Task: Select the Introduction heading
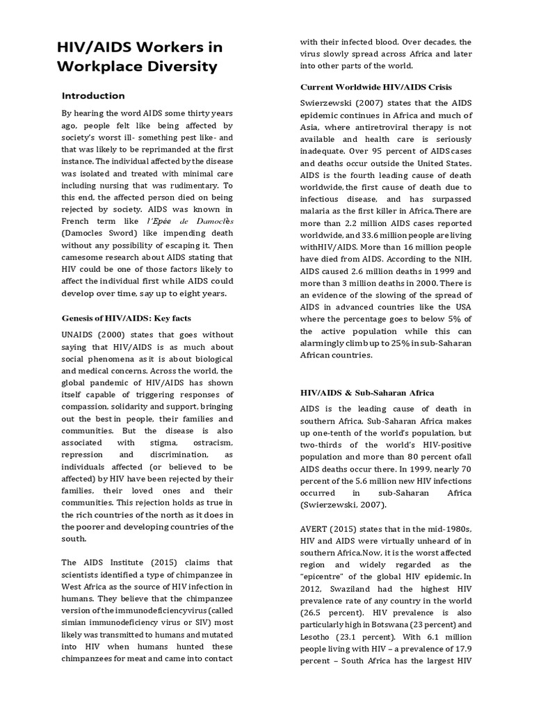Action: (x=93, y=96)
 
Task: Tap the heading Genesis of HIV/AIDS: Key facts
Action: (x=126, y=318)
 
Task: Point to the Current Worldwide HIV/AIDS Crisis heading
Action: (x=375, y=87)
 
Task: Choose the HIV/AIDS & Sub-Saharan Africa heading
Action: (x=366, y=393)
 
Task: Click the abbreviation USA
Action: (x=462, y=308)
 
